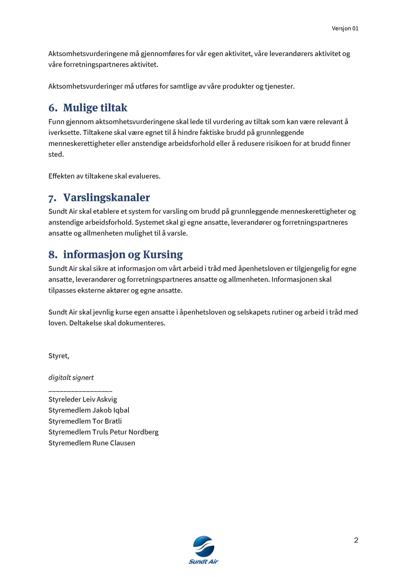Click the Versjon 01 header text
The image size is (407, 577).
(345, 28)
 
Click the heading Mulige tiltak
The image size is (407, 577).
(95, 108)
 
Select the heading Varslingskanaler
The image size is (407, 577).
(106, 197)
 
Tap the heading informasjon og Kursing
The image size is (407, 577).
(123, 254)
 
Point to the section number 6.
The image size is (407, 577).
(53, 108)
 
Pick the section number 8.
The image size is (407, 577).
(53, 254)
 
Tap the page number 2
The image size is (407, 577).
(356, 540)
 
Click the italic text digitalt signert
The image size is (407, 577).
(71, 378)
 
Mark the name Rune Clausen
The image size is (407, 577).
(114, 443)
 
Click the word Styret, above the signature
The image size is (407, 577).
(59, 356)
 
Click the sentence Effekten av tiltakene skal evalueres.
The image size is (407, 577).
(104, 176)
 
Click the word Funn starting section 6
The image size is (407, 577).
(56, 122)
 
